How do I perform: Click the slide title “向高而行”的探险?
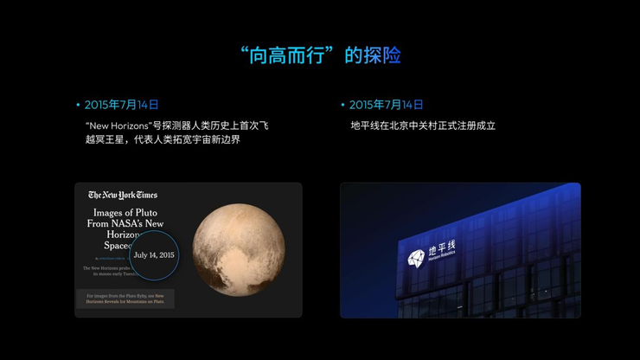coord(320,55)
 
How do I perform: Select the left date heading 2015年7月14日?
coord(122,105)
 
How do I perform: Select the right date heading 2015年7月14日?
coord(387,105)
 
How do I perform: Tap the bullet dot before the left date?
coord(77,105)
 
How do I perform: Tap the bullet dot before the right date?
coord(342,105)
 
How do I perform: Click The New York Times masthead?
coord(123,195)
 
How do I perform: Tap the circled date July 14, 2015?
coord(154,255)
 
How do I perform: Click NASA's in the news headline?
coord(142,223)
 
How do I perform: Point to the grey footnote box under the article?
coord(125,299)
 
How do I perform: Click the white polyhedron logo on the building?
coord(416,257)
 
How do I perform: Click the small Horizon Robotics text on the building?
coord(442,260)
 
